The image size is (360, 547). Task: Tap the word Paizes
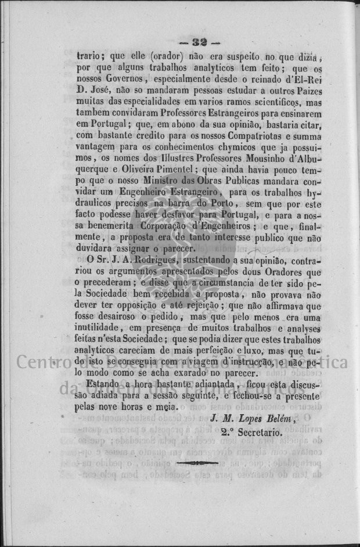pyautogui.click(x=307, y=91)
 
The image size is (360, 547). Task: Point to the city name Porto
pyautogui.click(x=223, y=203)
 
